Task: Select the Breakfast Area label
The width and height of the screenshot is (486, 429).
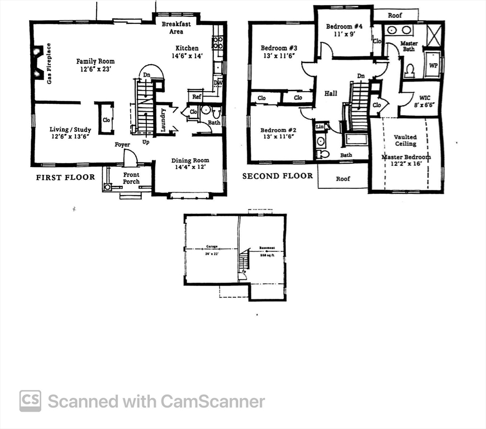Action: click(x=176, y=28)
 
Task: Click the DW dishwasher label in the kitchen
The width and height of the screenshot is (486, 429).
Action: click(x=218, y=84)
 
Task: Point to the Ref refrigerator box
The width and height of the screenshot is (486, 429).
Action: click(x=197, y=97)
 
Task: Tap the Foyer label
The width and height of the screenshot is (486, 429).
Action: click(x=122, y=145)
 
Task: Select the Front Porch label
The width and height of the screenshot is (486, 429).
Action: click(x=131, y=178)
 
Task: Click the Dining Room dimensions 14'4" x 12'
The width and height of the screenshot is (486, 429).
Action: click(x=190, y=168)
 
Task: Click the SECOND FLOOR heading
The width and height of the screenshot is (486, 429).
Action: click(x=277, y=176)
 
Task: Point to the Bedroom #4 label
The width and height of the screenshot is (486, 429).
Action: click(x=344, y=26)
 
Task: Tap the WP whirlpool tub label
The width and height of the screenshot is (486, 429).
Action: click(x=433, y=65)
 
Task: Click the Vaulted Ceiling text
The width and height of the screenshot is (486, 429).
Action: click(x=405, y=140)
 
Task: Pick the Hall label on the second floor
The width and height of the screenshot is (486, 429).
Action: click(x=331, y=93)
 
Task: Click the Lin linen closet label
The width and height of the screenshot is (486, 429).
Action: click(x=320, y=127)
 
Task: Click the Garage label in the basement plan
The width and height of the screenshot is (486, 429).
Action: click(x=212, y=246)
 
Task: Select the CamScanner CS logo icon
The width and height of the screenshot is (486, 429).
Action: click(x=30, y=401)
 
